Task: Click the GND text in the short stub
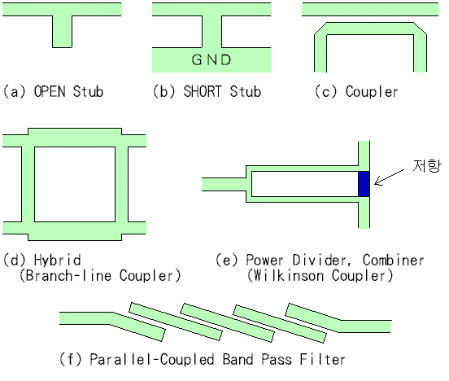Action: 211,59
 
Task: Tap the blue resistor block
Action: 364,184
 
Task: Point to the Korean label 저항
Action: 427,166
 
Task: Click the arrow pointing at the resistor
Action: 389,177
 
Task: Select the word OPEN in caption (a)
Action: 50,91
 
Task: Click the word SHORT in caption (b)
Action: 203,91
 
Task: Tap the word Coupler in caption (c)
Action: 372,91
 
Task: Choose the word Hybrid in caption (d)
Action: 57,260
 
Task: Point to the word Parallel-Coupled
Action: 152,359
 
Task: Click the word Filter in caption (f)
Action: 322,359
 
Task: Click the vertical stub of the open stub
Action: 62,32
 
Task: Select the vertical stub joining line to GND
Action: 212,32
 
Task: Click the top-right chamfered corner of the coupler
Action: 420,28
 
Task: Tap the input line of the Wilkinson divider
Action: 224,184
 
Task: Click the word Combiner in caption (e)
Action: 393,260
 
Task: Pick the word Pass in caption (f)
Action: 277,359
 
